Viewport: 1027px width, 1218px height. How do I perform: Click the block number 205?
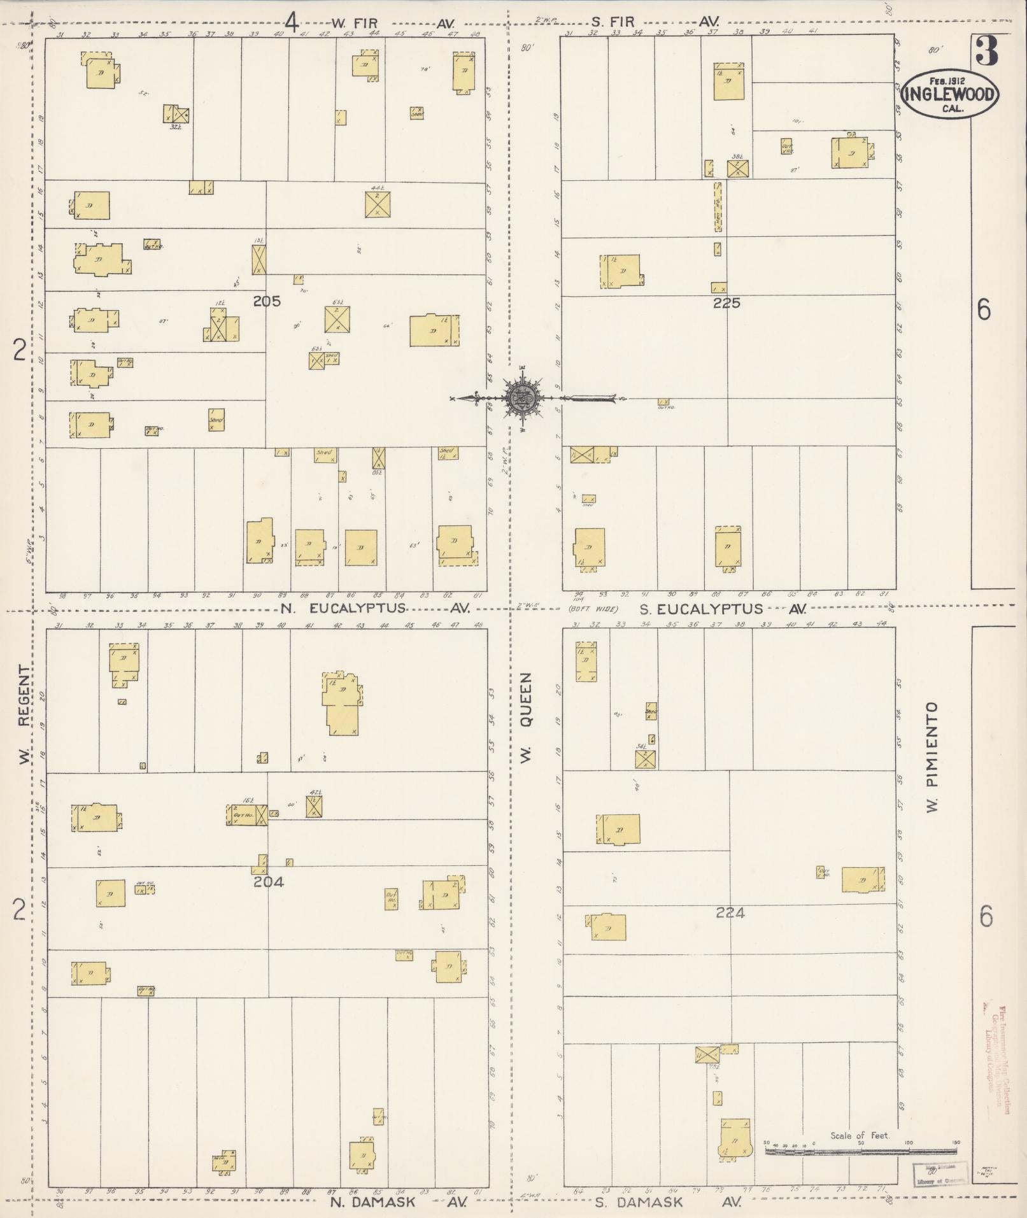pyautogui.click(x=266, y=301)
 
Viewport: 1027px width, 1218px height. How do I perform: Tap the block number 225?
pyautogui.click(x=726, y=303)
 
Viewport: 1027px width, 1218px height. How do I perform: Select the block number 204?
pyautogui.click(x=268, y=882)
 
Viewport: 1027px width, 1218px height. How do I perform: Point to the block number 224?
pyautogui.click(x=730, y=913)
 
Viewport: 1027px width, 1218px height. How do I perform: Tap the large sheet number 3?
pyautogui.click(x=986, y=52)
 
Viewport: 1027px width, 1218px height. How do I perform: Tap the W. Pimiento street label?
pyautogui.click(x=933, y=756)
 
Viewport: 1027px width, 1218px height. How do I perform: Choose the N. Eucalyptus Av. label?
pyautogui.click(x=375, y=608)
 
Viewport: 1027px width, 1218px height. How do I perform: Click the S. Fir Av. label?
pyautogui.click(x=662, y=22)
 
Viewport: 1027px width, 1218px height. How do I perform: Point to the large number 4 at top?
pyautogui.click(x=291, y=23)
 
